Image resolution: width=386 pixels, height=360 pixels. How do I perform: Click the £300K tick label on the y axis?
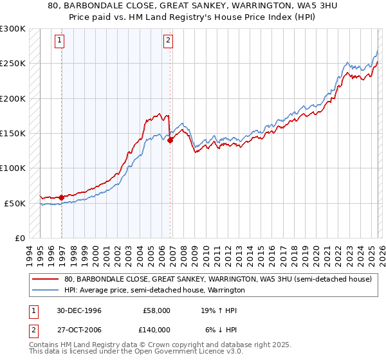[x=13, y=29]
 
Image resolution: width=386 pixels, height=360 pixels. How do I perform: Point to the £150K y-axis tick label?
[x=13, y=134]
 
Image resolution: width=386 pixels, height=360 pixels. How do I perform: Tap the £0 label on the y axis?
[x=19, y=238]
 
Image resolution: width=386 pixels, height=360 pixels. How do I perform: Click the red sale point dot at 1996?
[x=62, y=197]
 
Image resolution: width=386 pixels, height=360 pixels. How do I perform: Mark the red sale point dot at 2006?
[x=170, y=141]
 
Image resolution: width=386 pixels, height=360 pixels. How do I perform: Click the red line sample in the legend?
[x=46, y=280]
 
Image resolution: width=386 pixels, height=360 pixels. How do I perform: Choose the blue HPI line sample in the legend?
[x=46, y=291]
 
